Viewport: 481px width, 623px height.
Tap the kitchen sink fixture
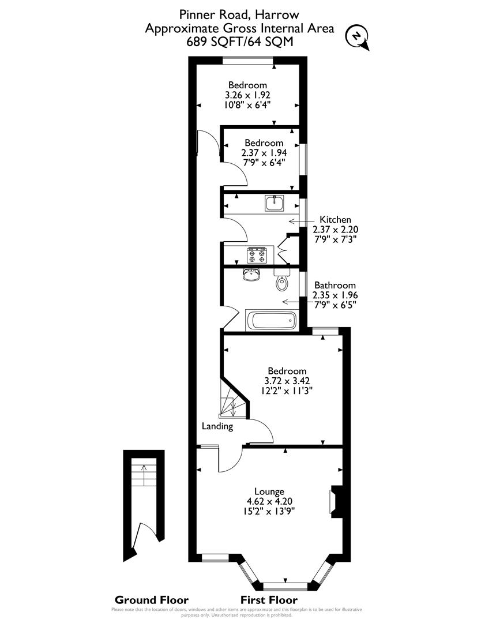[x=273, y=203]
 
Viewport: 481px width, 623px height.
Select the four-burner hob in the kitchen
[x=257, y=254]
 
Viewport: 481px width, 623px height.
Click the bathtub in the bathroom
[x=271, y=320]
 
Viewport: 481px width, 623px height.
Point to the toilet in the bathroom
[x=281, y=281]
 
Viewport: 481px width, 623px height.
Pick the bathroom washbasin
[x=251, y=275]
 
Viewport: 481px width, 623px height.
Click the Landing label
[x=217, y=426]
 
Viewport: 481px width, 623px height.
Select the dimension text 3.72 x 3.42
[x=287, y=381]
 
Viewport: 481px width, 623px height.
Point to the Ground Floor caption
[x=152, y=599]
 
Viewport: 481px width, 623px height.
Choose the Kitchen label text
[x=335, y=219]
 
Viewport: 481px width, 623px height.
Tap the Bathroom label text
[x=335, y=285]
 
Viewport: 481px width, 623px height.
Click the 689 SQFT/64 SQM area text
[x=240, y=42]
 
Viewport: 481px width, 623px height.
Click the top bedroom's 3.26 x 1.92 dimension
[x=247, y=95]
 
